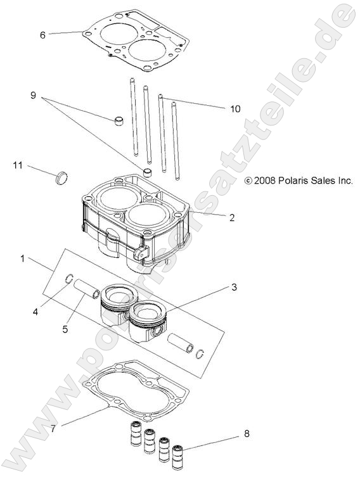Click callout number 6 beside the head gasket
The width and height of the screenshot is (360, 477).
pos(42,35)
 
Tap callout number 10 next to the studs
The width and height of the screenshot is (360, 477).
pos(217,109)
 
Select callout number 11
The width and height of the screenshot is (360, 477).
pos(18,165)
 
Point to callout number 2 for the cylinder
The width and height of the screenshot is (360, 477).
pos(232,218)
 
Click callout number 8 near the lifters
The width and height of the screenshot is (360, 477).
pos(246,434)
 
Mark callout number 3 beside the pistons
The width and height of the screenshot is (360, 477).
pos(234,288)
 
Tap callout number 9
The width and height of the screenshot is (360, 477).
pos(33,96)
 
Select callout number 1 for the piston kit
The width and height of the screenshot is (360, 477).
pos(23,258)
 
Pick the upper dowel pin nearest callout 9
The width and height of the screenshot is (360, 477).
pos(118,120)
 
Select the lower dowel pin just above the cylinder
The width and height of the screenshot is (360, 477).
pos(148,173)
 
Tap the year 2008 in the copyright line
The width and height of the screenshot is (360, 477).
pos(264,181)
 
